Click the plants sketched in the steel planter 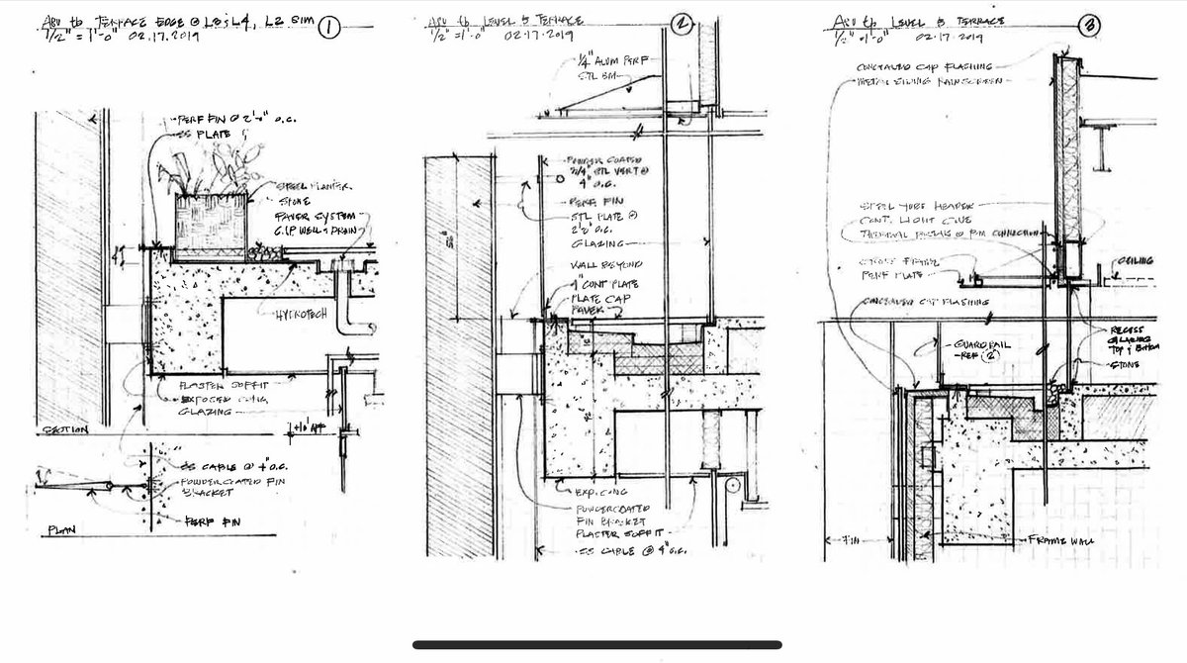coord(203,173)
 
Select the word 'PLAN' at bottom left coord(62,532)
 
